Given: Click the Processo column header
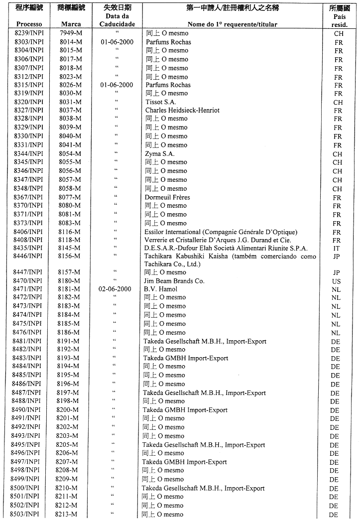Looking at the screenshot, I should pos(29,24).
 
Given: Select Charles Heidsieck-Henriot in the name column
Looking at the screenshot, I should pos(182,110).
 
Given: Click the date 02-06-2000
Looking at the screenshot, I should pos(117,289).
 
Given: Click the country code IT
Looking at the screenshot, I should pos(337,248).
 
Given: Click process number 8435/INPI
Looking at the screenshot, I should pos(28,248).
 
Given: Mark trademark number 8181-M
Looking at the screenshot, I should pos(69,289).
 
